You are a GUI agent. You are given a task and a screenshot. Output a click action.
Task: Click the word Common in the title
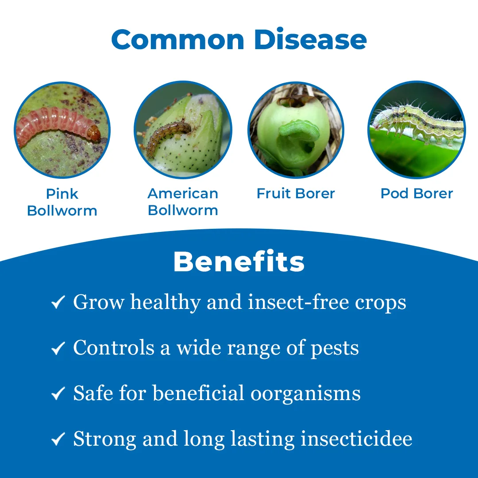[x=178, y=40]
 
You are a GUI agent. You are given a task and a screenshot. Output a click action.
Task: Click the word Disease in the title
[x=310, y=39]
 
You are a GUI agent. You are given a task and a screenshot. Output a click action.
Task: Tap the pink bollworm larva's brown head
[x=94, y=133]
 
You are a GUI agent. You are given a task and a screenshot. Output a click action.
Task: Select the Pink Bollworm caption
[x=62, y=202]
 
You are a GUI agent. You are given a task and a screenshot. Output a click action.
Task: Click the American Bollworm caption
[x=183, y=202]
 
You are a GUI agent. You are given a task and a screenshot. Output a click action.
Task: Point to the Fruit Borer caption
[x=296, y=193]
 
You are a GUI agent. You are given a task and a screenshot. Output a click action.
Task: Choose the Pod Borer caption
[x=417, y=193]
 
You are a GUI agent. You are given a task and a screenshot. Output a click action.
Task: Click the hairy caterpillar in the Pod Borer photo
[x=418, y=123]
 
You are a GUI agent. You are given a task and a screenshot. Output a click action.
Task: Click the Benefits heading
[x=239, y=262]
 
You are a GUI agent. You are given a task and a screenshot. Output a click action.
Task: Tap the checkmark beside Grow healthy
[x=58, y=302]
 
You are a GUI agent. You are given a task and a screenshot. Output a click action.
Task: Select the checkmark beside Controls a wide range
[x=58, y=348]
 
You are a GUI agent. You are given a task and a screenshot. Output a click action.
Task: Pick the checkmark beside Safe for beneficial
[x=58, y=393]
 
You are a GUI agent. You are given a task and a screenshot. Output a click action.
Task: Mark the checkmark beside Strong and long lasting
[x=58, y=439]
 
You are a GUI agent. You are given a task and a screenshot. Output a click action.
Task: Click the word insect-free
[x=298, y=302]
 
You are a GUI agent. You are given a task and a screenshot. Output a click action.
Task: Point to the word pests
[x=335, y=348]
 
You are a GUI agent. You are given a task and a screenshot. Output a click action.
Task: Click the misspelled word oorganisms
[x=305, y=394]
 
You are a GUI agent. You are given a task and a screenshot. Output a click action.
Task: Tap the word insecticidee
[x=356, y=439]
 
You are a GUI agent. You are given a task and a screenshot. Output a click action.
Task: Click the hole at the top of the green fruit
[x=295, y=102]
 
